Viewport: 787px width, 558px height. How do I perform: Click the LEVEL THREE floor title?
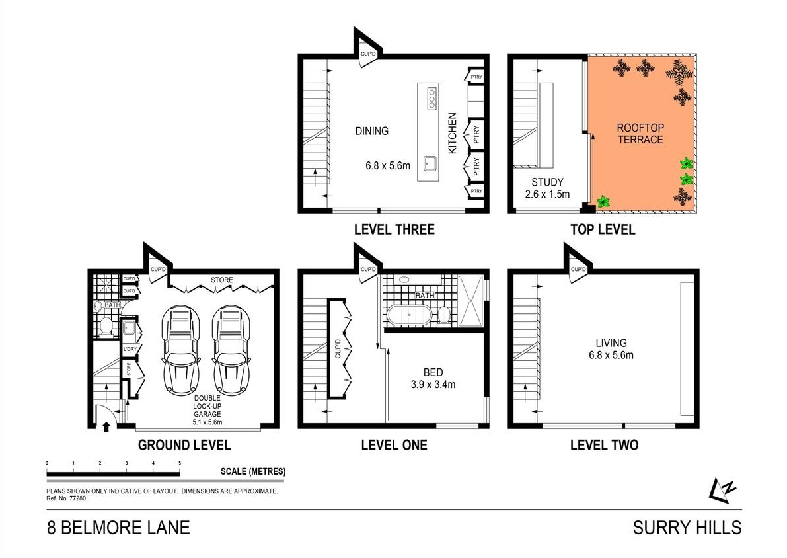click(394, 229)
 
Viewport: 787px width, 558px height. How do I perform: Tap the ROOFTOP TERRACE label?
click(640, 133)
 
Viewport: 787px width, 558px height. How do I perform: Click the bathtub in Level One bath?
click(408, 314)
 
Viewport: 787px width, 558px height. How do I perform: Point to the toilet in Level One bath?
click(445, 315)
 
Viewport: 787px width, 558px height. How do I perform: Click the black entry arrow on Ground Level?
click(105, 426)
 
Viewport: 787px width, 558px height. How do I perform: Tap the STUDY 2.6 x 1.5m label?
click(547, 188)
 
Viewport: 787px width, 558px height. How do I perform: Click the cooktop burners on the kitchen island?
click(431, 99)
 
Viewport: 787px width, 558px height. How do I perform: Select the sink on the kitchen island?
click(430, 162)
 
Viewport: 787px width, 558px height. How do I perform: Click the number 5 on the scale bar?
click(180, 463)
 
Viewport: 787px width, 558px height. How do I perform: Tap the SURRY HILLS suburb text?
click(687, 528)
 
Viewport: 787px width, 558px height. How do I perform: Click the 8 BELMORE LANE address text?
click(118, 528)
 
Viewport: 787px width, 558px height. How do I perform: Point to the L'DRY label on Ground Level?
click(130, 348)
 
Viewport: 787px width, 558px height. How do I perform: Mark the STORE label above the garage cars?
click(222, 280)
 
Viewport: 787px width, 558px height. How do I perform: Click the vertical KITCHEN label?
click(453, 133)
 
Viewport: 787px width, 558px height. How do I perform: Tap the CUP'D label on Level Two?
click(578, 270)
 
